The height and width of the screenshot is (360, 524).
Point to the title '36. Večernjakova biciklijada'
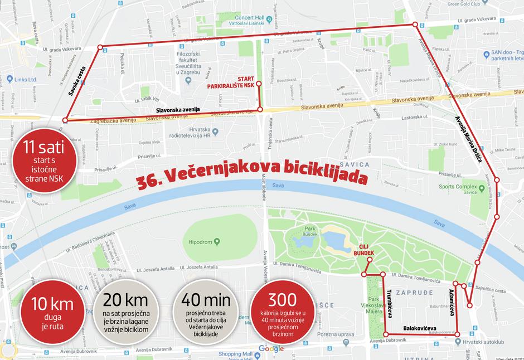(252, 178)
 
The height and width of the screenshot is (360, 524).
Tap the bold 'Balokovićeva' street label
(420, 328)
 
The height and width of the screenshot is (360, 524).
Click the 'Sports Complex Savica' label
(464, 189)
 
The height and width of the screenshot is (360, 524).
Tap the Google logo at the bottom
(271, 349)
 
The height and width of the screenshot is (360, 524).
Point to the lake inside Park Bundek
(334, 240)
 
